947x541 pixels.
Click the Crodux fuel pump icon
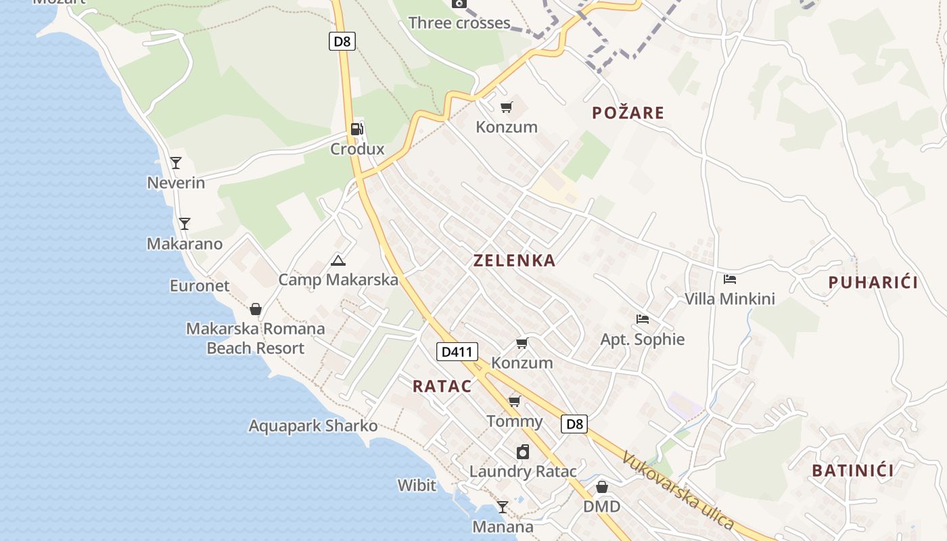[x=356, y=128]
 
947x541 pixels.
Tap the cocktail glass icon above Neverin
[x=176, y=162]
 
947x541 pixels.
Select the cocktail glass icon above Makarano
[x=184, y=223]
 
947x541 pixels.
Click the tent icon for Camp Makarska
[x=338, y=260]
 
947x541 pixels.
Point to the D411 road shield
[x=457, y=352]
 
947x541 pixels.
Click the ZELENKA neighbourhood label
[x=514, y=260]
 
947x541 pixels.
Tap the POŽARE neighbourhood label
[x=628, y=113]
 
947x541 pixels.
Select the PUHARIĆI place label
[x=873, y=283]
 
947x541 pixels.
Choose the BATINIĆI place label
[x=852, y=471]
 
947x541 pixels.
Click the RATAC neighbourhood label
[x=442, y=386]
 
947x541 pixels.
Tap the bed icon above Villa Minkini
[x=729, y=279]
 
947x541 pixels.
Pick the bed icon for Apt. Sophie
[x=642, y=319]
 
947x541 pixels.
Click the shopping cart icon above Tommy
[x=514, y=402]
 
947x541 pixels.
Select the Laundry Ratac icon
[x=523, y=452]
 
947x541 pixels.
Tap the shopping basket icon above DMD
[x=601, y=487]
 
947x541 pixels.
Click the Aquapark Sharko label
[x=313, y=426]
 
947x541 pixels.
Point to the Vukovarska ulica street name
[x=678, y=490]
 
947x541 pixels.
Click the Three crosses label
[x=459, y=23]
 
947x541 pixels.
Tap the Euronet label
[x=200, y=285]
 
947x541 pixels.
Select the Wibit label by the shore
[x=417, y=485]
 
